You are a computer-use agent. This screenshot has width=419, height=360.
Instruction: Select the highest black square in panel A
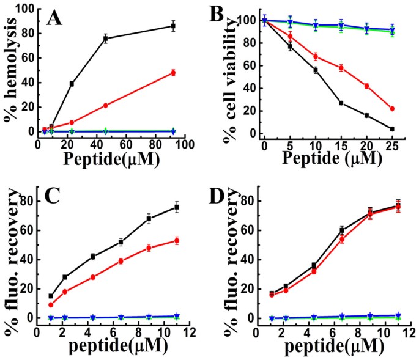tap(173, 26)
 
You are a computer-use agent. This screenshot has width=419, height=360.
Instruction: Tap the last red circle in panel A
tap(173, 73)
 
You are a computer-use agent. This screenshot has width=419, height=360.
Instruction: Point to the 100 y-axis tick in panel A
tap(25, 9)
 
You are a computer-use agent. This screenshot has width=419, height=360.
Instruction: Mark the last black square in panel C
tap(177, 207)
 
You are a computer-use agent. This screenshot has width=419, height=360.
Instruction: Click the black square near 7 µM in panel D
tap(343, 230)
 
